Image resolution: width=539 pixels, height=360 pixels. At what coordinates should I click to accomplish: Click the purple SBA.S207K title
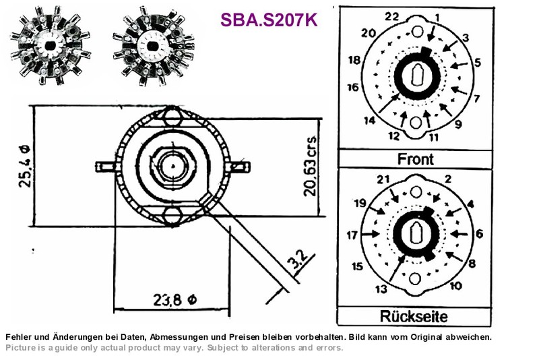pos(269,20)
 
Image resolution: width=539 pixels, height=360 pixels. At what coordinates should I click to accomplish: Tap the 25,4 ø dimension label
pos(25,166)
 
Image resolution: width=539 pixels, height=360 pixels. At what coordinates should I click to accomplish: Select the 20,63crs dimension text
pos(310,167)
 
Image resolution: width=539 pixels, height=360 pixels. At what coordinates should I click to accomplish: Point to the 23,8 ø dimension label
pos(175,300)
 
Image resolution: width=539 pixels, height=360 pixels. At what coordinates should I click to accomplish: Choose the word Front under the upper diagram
pos(416,159)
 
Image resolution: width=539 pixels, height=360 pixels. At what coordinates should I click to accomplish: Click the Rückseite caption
pos(414,316)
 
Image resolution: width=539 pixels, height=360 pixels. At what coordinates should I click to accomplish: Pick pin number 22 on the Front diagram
pos(391,16)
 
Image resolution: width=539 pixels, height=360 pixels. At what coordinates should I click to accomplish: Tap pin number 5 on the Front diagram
pos(478,63)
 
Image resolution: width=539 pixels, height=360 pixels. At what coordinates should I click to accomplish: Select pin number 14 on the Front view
pos(369,121)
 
